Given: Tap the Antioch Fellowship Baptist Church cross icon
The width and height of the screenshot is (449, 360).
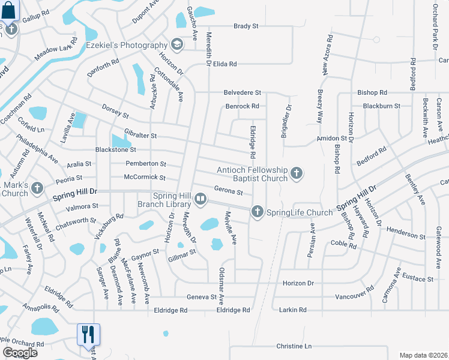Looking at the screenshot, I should (296, 174).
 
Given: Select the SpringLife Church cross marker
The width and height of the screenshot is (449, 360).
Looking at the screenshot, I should (258, 211).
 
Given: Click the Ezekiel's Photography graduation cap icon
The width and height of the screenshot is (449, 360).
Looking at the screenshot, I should (177, 44).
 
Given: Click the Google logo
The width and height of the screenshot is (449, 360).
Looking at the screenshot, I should (19, 353).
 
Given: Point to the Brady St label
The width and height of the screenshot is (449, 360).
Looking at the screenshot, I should (246, 26).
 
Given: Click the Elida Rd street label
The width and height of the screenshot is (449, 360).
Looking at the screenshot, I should (225, 64).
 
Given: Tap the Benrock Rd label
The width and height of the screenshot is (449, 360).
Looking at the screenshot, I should (242, 106).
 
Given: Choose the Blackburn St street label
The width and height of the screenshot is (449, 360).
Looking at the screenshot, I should (381, 106).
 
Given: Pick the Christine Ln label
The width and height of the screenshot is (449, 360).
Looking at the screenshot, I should (294, 347).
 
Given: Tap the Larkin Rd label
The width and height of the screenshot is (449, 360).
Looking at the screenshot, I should (293, 310).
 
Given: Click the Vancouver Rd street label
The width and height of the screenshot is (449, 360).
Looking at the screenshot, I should (354, 296).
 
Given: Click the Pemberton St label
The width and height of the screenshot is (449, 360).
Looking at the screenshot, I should (146, 163).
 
